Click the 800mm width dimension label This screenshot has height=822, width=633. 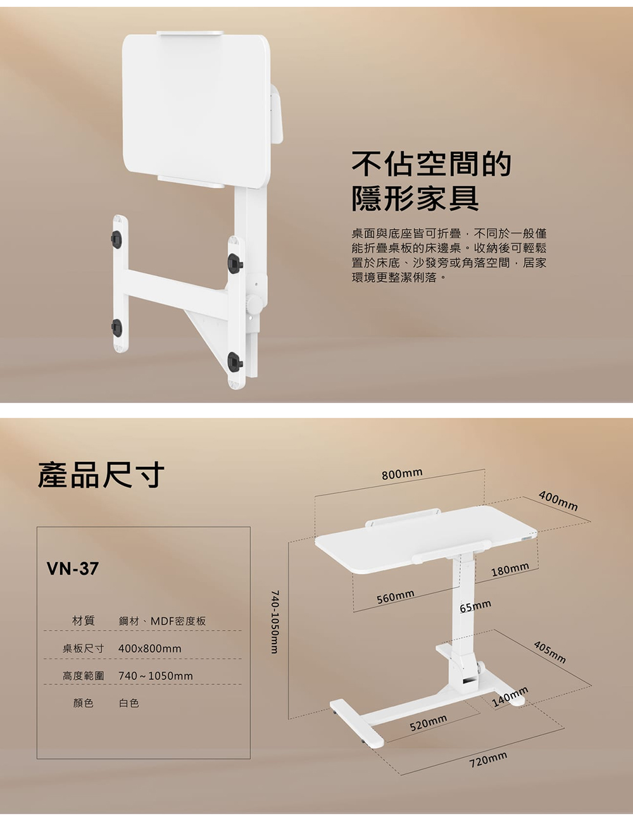(x=402, y=473)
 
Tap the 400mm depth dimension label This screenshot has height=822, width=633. (x=558, y=501)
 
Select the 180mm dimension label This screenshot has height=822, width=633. (x=510, y=570)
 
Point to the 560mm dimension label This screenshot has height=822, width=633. (x=396, y=597)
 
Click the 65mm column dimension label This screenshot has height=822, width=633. (x=475, y=606)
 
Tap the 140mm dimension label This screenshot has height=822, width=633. (x=510, y=697)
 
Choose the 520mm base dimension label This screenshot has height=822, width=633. (x=429, y=723)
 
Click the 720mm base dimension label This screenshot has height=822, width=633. (x=488, y=760)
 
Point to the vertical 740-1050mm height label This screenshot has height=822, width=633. (x=275, y=622)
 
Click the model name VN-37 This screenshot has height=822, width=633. (x=73, y=568)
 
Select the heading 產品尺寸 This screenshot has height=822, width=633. (x=101, y=475)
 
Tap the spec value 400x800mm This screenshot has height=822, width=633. (x=150, y=649)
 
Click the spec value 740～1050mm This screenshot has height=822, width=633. (x=156, y=676)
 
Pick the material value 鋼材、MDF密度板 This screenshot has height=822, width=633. (x=162, y=621)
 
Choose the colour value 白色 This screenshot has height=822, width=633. (x=129, y=703)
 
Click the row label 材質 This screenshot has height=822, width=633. (x=84, y=621)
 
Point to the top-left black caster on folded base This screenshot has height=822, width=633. (x=116, y=239)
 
